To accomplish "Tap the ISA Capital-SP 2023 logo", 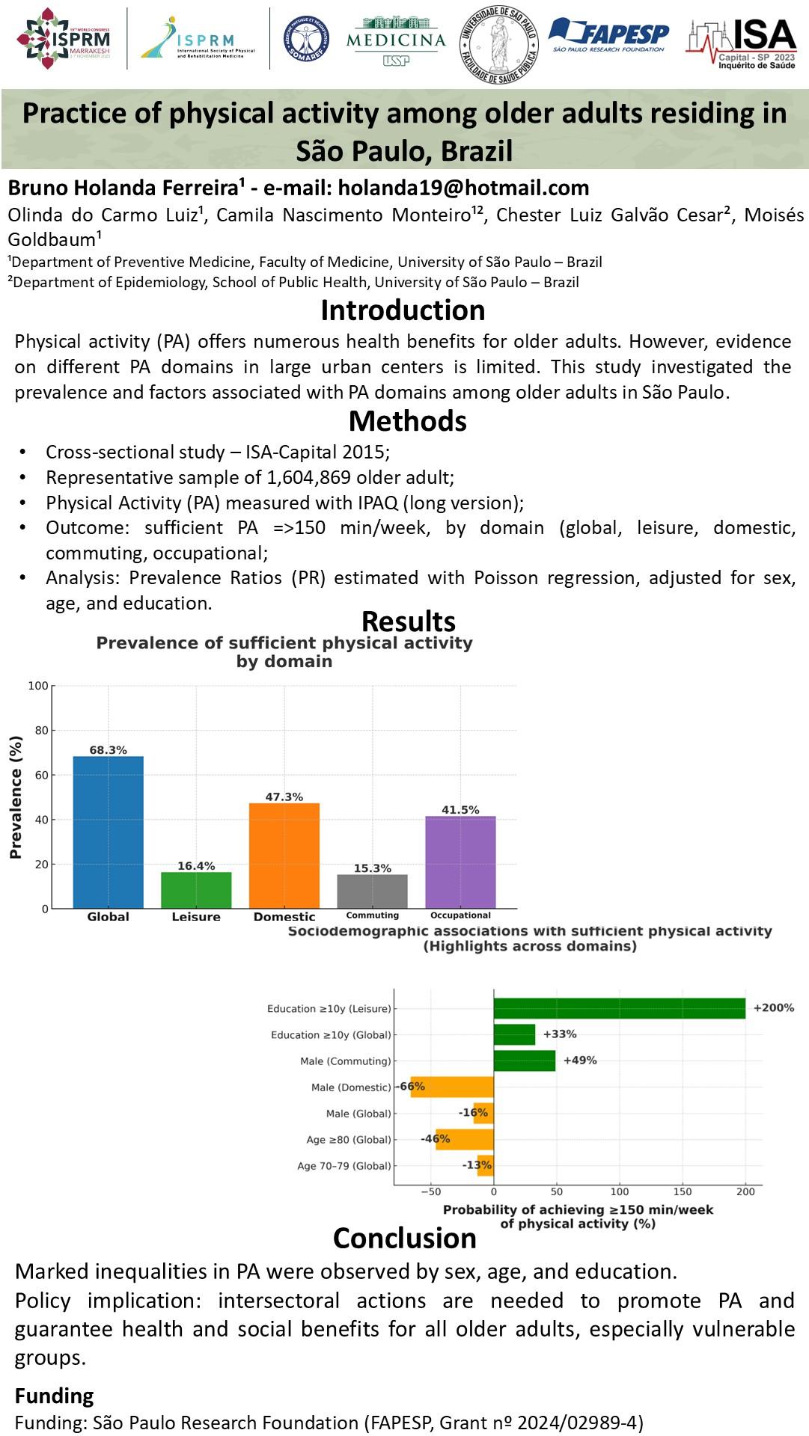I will (x=741, y=43).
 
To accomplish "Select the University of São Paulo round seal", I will (x=498, y=43).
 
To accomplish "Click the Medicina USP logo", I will (x=396, y=42).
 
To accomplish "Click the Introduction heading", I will (x=403, y=310).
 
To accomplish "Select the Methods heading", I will (x=407, y=422).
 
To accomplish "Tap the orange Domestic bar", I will (x=284, y=856).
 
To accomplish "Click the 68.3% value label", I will (x=109, y=750).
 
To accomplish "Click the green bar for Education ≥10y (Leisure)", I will (x=619, y=1008).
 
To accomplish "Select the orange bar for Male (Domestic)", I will (x=452, y=1087).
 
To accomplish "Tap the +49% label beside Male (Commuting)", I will (x=580, y=1061).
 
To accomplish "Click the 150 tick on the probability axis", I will (x=683, y=1191).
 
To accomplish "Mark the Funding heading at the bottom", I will (x=55, y=1396).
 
